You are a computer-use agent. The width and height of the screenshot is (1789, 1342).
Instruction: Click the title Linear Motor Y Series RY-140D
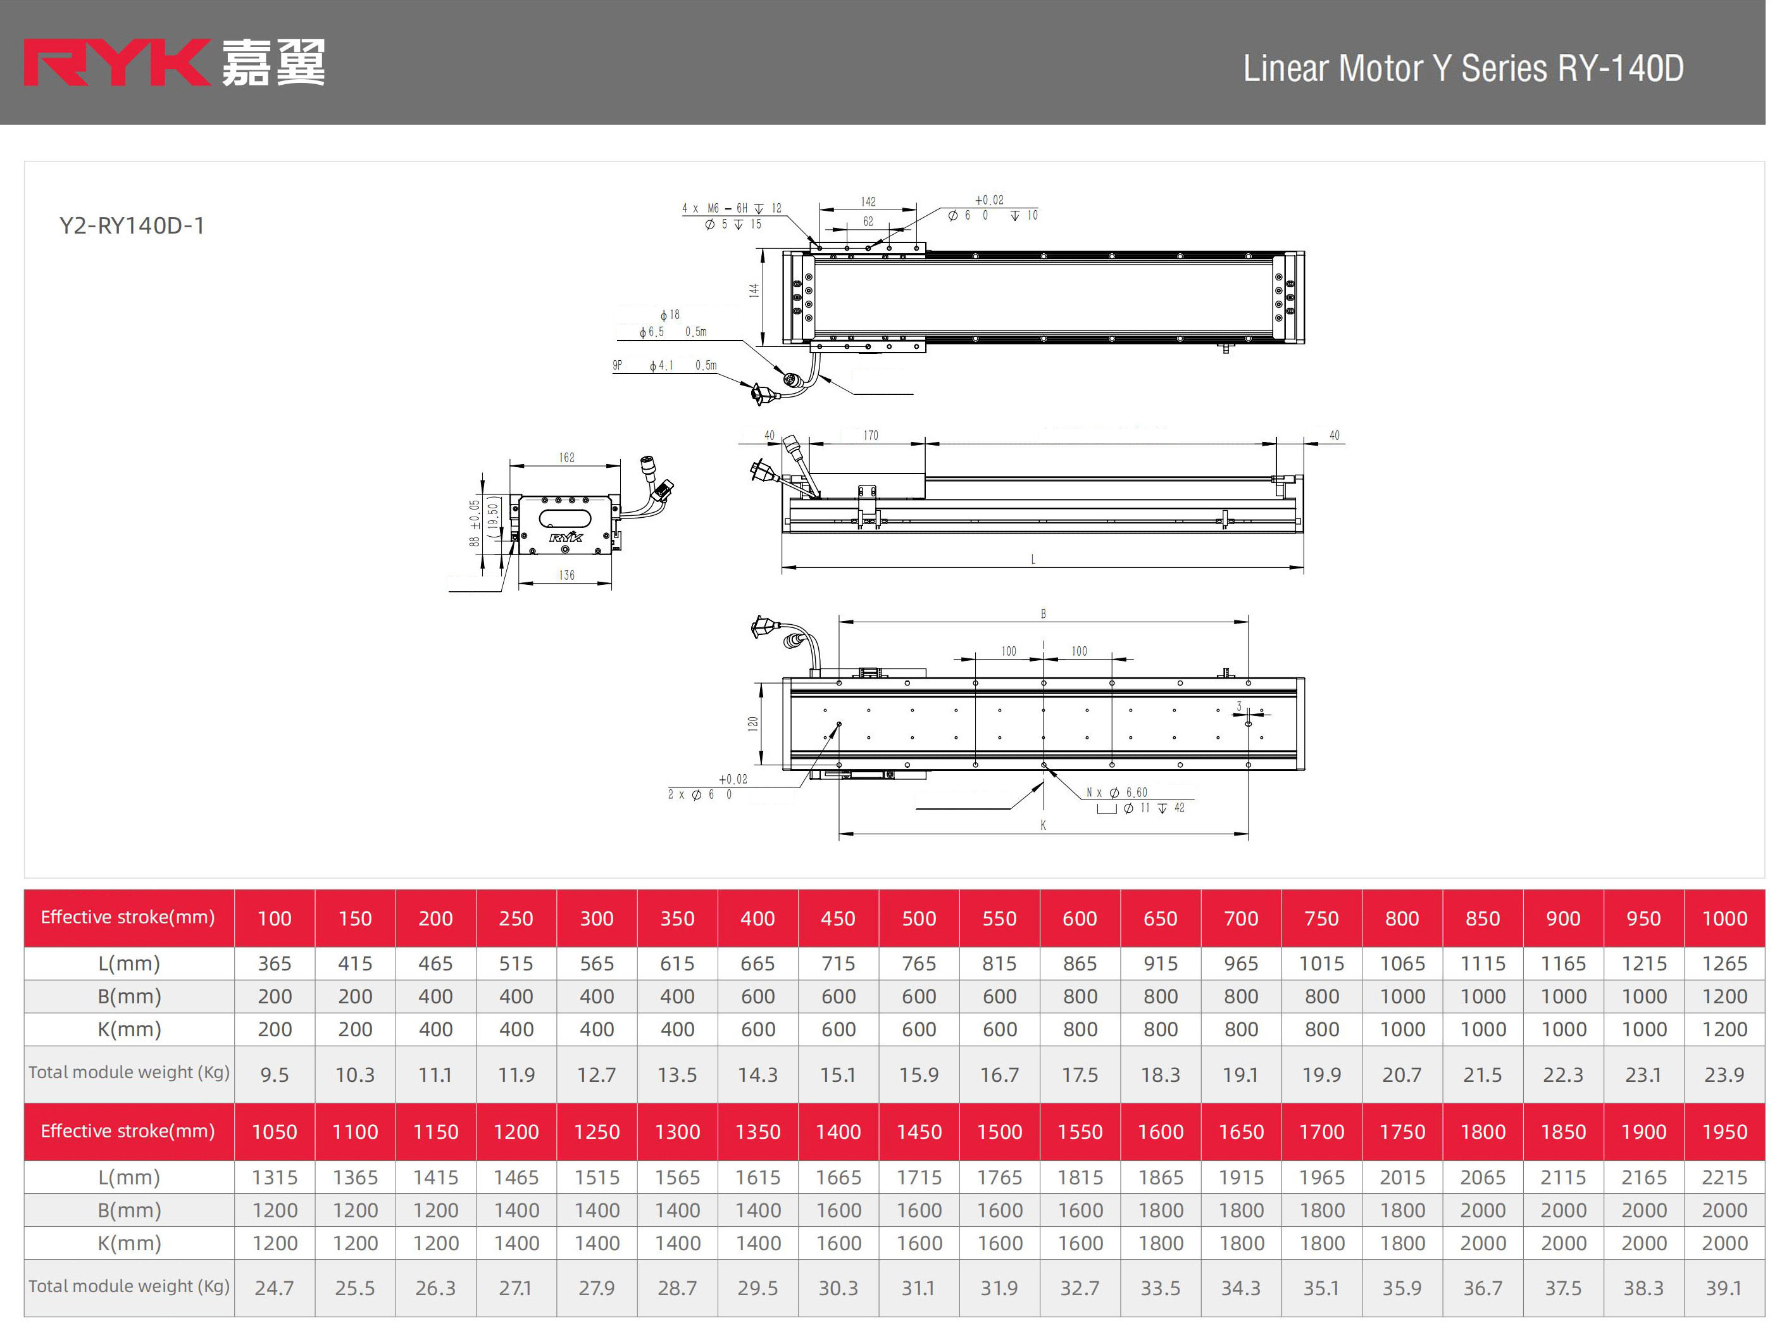tap(1463, 68)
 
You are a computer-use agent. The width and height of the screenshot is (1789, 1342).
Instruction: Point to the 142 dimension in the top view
tap(868, 201)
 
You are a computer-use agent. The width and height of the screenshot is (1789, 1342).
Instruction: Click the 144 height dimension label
tap(754, 289)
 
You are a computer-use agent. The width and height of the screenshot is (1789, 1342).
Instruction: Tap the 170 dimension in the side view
tap(870, 435)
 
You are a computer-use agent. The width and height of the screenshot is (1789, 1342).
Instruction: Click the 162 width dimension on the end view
tap(567, 458)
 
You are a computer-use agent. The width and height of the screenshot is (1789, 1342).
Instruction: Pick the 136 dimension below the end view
tap(567, 575)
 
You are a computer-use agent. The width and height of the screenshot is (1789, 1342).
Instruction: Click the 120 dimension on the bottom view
tap(753, 723)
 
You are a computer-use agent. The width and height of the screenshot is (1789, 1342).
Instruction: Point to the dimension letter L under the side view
tap(1033, 559)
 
